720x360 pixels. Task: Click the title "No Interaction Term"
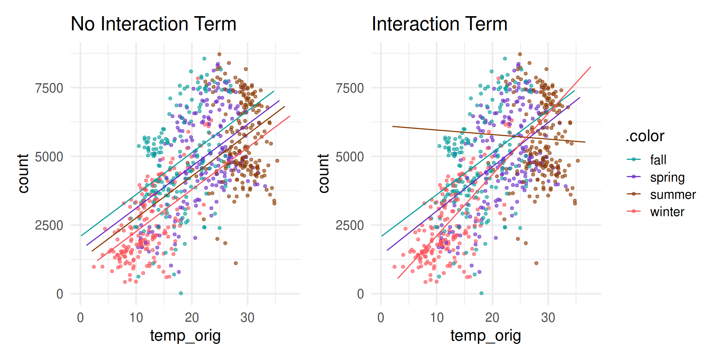(153, 24)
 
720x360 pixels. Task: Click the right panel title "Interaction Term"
(439, 24)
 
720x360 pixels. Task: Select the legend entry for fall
(658, 160)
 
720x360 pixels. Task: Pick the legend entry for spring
(667, 177)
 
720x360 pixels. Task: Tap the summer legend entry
(673, 195)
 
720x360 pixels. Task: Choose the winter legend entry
(667, 212)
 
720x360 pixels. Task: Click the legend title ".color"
(645, 136)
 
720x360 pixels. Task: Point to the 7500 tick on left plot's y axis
(49, 88)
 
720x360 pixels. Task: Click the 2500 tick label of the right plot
(349, 225)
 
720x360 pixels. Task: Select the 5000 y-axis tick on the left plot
(49, 157)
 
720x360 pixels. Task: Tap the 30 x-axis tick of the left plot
(247, 318)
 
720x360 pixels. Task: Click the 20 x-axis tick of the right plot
(492, 318)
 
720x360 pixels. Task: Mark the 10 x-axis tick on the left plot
(136, 318)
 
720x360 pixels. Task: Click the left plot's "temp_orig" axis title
(185, 336)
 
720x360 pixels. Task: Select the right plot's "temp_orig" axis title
(486, 336)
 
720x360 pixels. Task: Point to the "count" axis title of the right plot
(324, 173)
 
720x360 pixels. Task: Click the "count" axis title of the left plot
(23, 173)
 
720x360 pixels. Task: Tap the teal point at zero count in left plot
(181, 293)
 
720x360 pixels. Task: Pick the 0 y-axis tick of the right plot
(360, 294)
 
